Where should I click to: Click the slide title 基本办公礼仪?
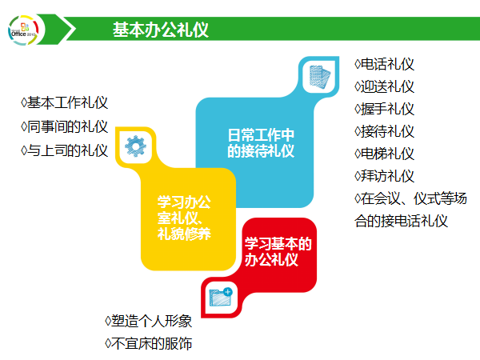click(x=161, y=30)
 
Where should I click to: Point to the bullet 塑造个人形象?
click(x=149, y=321)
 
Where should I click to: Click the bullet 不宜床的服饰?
click(x=149, y=344)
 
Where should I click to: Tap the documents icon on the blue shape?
click(x=319, y=76)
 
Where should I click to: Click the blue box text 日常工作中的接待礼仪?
click(x=260, y=142)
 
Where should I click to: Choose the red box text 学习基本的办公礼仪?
click(x=277, y=251)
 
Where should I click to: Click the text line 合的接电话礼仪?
click(x=401, y=221)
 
